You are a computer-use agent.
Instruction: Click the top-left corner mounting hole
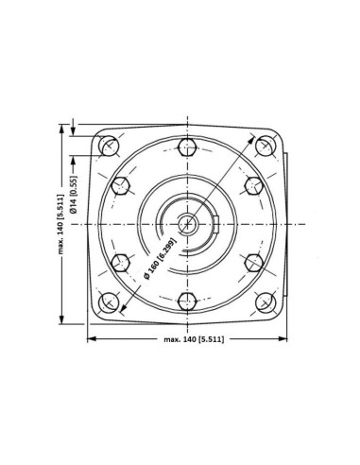pyautogui.click(x=109, y=146)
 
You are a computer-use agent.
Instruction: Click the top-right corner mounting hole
pyautogui.click(x=266, y=146)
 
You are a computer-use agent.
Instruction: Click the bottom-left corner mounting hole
pyautogui.click(x=109, y=302)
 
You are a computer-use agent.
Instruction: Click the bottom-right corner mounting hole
pyautogui.click(x=266, y=302)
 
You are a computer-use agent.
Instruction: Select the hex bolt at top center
pyautogui.click(x=187, y=146)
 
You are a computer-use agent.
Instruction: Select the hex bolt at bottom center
pyautogui.click(x=187, y=301)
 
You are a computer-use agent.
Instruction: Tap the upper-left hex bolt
pyautogui.click(x=121, y=185)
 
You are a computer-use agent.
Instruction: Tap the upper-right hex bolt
pyautogui.click(x=254, y=185)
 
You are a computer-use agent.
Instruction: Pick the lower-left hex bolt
pyautogui.click(x=121, y=263)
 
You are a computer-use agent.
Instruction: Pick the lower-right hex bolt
pyautogui.click(x=254, y=263)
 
